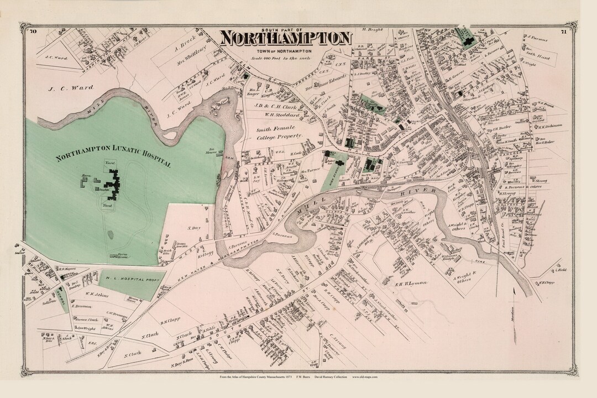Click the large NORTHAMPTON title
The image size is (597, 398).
tap(285, 38)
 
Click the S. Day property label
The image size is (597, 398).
tap(193, 227)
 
